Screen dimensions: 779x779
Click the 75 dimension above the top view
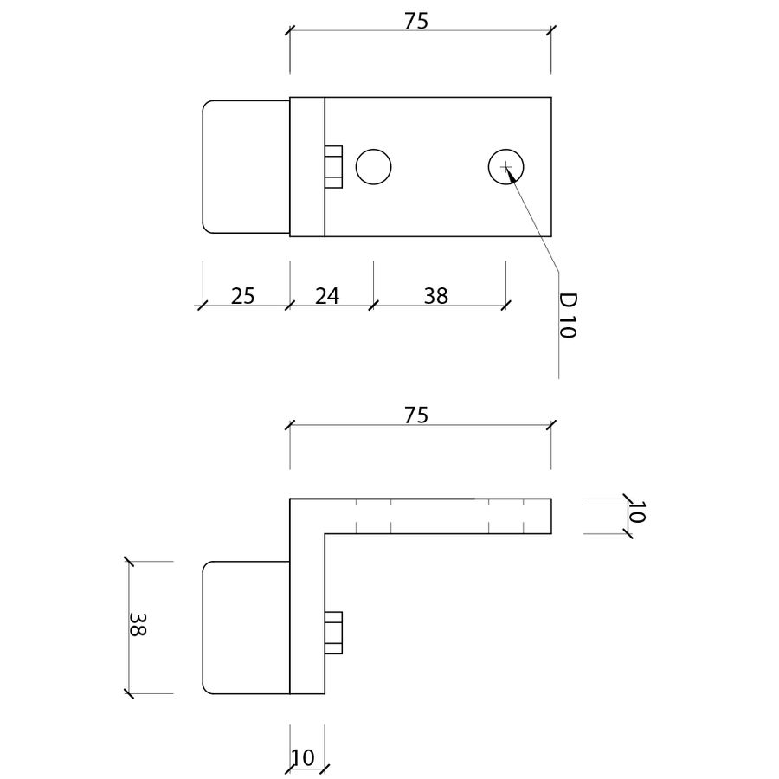pos(416,22)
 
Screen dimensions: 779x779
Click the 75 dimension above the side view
pos(416,415)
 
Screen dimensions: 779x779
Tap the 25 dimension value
pos(243,295)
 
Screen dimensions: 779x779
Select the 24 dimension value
pos(326,295)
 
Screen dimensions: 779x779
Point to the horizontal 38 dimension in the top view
pos(436,295)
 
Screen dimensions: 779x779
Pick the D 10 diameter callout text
pos(567,316)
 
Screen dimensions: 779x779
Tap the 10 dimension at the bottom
pos(303,759)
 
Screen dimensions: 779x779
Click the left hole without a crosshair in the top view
pos(373,166)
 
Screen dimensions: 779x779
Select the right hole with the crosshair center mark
pos(505,166)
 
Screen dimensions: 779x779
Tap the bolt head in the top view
pos(333,166)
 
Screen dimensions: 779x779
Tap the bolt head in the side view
pos(333,632)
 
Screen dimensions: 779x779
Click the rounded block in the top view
pos(245,166)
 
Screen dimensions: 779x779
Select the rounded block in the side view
pos(245,628)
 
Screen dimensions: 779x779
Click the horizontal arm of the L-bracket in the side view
pos(437,515)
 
